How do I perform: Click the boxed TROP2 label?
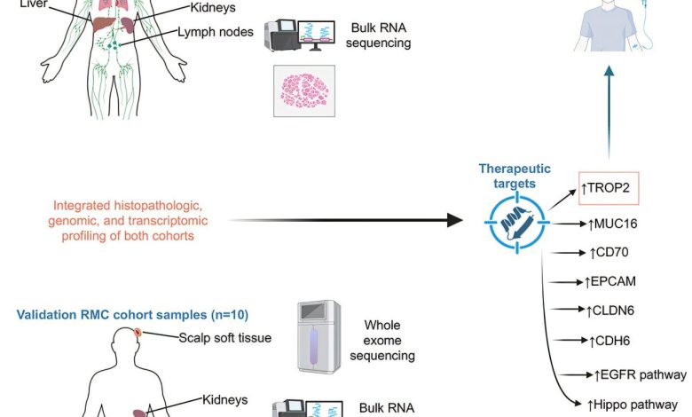pos(609,187)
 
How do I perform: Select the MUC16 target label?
pos(614,224)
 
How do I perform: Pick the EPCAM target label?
pos(611,281)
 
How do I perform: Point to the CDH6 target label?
pos(610,340)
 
